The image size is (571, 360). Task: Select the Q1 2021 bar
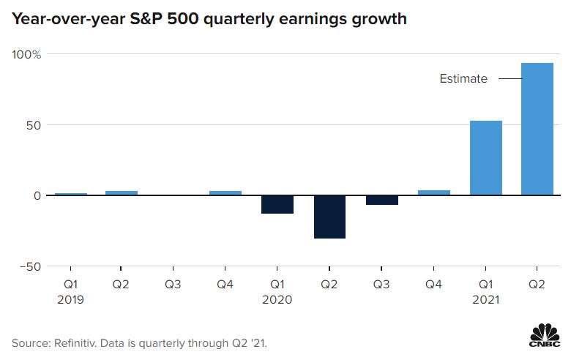point(485,158)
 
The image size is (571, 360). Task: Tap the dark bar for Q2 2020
point(329,217)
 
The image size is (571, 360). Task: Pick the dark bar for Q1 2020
point(277,204)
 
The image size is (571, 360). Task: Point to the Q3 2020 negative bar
point(381,200)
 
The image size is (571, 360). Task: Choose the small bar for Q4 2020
point(433,192)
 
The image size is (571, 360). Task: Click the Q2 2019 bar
point(122,193)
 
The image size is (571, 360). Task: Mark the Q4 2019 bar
point(225,193)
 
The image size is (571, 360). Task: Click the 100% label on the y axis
point(26,54)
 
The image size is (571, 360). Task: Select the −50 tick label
point(29,266)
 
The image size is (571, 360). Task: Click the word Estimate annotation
point(463,79)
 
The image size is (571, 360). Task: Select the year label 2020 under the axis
point(277,299)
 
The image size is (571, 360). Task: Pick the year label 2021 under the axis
point(485,299)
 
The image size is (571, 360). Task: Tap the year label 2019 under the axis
point(70,299)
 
